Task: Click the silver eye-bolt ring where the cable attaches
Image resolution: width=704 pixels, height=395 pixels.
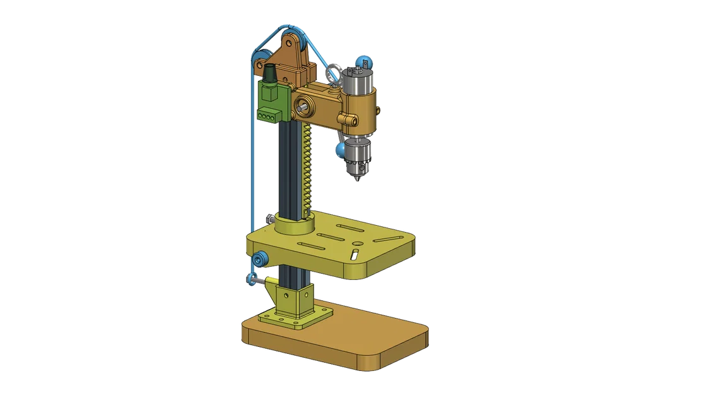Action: pos(334,74)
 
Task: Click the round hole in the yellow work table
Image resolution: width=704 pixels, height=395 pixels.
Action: pos(357,243)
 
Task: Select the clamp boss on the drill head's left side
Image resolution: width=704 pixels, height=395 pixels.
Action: pos(349,118)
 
